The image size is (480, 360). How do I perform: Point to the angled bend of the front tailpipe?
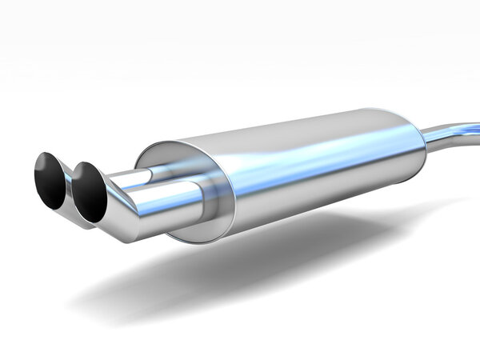(x=126, y=210)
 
